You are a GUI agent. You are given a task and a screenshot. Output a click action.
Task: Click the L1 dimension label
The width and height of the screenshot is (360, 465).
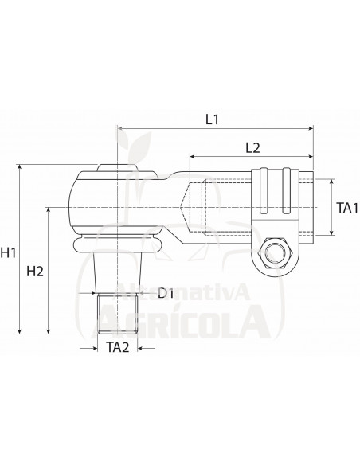(x=211, y=119)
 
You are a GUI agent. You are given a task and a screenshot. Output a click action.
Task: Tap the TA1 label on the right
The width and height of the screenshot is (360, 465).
(x=345, y=207)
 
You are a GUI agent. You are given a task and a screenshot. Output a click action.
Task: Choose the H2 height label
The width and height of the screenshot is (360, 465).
(x=35, y=272)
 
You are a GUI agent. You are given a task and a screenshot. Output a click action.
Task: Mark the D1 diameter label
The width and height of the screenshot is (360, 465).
(x=166, y=294)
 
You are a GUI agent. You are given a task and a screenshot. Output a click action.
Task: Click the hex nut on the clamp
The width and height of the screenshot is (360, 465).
(x=273, y=255)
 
